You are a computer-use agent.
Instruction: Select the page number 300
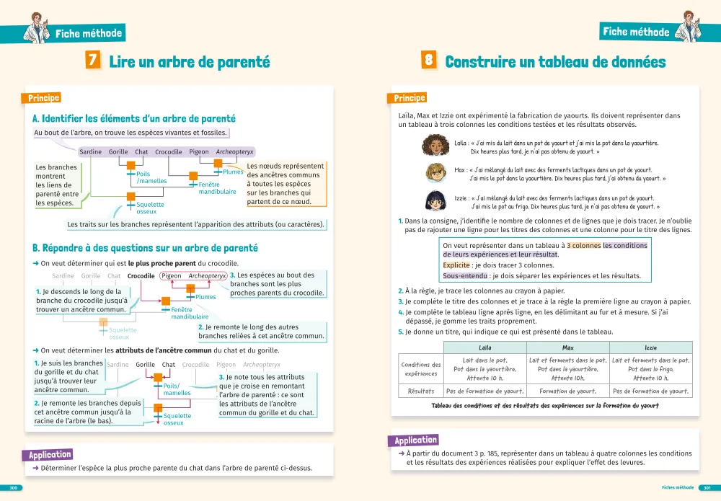tap(12, 488)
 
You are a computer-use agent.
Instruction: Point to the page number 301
tap(708, 488)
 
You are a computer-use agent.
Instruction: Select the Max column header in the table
tap(567, 347)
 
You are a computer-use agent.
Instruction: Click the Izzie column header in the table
tap(650, 347)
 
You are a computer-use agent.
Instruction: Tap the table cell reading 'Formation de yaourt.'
tap(567, 391)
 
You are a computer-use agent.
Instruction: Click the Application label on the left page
tap(50, 455)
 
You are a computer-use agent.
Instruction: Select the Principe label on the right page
tap(410, 98)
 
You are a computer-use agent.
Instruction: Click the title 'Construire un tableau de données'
tap(555, 62)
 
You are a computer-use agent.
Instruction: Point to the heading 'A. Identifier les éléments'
tap(134, 118)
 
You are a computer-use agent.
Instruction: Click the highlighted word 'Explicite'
tap(456, 265)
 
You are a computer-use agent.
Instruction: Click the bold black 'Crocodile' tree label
tap(141, 276)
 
